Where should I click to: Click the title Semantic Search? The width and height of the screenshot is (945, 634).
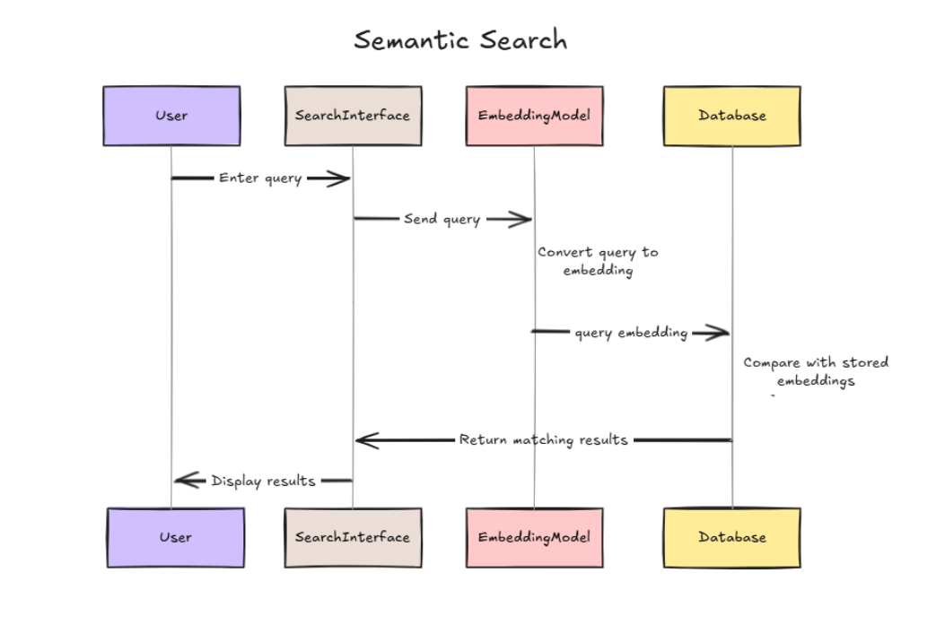coord(460,40)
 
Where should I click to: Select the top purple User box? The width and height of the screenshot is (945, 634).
coord(171,116)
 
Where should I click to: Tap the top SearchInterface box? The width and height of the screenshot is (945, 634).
coord(354,116)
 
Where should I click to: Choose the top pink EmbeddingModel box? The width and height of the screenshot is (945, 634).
coord(535,116)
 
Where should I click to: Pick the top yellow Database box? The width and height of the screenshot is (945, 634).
coord(732,116)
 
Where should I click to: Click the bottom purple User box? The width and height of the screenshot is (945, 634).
coord(176,538)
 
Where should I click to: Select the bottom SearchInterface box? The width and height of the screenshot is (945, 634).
coord(354,538)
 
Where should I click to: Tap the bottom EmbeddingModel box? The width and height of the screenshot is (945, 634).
coord(535,538)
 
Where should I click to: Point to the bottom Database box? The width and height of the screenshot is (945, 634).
coord(732,538)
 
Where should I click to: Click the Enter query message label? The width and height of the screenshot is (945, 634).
coord(260,178)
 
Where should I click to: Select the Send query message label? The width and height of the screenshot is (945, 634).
coord(442,219)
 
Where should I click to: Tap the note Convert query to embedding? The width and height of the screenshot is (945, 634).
coord(598,261)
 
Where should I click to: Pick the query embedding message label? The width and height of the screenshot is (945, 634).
coord(631,333)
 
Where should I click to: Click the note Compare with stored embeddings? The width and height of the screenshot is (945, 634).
coord(816,371)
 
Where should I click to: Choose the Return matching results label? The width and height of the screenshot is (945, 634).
coord(544,440)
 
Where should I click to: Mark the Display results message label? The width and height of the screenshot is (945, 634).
coord(263,481)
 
